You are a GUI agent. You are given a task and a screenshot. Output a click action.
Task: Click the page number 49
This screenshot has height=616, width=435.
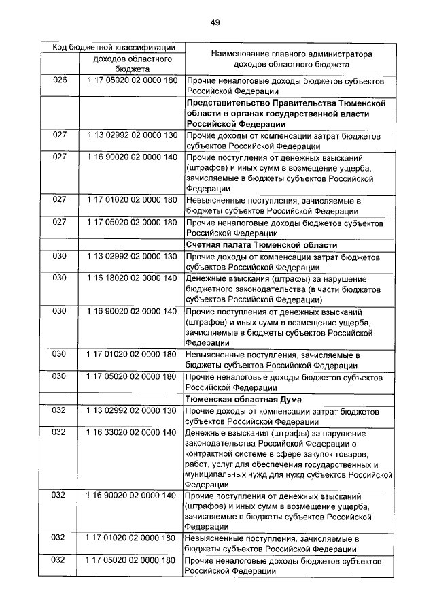coord(214,22)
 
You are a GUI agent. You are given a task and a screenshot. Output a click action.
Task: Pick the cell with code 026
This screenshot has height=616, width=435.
coord(60,80)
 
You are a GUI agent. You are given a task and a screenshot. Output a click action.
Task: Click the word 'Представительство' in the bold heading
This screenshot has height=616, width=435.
coord(222,102)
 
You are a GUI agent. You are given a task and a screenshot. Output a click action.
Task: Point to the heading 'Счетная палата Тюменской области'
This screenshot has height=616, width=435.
coord(262,245)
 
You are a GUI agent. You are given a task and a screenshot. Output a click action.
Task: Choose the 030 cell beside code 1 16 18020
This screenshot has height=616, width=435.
coord(60,278)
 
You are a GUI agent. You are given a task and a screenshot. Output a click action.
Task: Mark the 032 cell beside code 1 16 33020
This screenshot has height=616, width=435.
coord(60,432)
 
